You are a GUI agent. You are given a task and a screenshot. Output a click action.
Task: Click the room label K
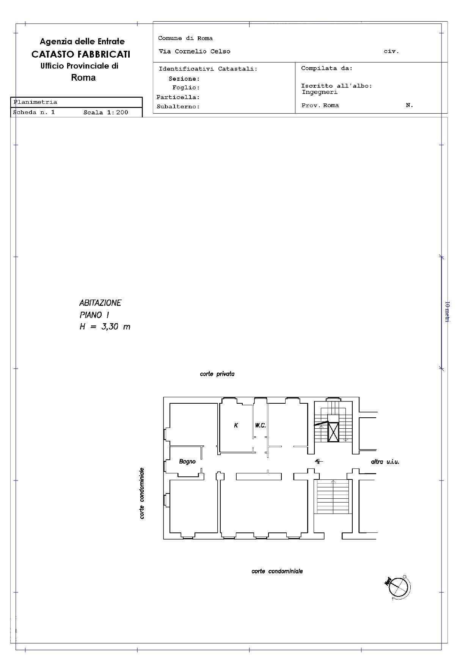coord(236,425)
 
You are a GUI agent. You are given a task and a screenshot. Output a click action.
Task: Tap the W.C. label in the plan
coord(260,425)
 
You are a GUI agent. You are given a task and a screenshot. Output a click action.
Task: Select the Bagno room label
coord(187,462)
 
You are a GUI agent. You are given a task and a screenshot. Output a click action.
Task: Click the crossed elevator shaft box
coord(333,432)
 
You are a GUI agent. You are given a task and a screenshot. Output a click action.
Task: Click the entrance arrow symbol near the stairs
coord(319,461)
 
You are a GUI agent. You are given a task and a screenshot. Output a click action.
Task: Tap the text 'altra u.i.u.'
coord(385,462)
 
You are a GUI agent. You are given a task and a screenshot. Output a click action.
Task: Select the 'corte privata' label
coord(217,374)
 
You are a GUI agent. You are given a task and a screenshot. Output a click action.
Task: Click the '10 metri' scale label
coord(447,312)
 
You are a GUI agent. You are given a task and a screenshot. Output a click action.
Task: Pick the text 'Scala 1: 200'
coord(106,112)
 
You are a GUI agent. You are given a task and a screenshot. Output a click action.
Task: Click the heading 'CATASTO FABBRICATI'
coord(81,54)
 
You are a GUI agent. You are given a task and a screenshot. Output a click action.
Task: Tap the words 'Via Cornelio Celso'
coord(194,52)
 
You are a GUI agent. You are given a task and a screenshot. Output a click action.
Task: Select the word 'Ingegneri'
coord(320,92)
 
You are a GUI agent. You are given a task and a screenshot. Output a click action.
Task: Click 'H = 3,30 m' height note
coord(105,326)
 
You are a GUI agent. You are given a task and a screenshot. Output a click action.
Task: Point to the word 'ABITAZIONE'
coord(100,303)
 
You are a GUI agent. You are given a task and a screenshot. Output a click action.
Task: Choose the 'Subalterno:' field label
coord(178,107)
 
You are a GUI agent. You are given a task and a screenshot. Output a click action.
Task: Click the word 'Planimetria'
coord(35,102)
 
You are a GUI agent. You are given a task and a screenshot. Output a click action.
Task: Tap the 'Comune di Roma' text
coord(185,38)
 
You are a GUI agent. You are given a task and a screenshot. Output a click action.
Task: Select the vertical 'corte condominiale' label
coord(142,493)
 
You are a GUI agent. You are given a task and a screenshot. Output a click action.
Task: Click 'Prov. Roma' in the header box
coord(320,106)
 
